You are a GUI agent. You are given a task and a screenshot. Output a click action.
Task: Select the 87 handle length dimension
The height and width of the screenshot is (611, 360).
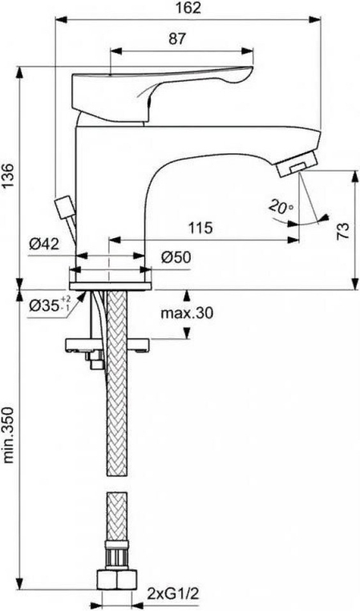point(177,39)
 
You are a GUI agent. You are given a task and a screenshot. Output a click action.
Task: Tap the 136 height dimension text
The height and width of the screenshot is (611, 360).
point(9,177)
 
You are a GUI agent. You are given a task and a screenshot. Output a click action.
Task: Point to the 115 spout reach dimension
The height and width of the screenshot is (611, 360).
point(201,228)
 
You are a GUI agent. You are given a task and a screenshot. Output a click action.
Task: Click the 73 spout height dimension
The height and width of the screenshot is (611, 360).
point(342,232)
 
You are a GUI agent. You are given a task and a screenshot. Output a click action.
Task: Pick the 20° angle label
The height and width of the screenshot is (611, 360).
point(281,207)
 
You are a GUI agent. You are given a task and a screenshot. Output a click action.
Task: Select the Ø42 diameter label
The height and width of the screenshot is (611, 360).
point(44,245)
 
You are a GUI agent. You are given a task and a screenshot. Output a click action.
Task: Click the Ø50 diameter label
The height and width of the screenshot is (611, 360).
point(176,257)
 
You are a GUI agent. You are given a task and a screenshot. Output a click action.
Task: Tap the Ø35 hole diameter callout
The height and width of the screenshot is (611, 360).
point(50,305)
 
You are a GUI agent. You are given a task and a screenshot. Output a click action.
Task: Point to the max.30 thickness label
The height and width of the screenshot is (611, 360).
point(188,313)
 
